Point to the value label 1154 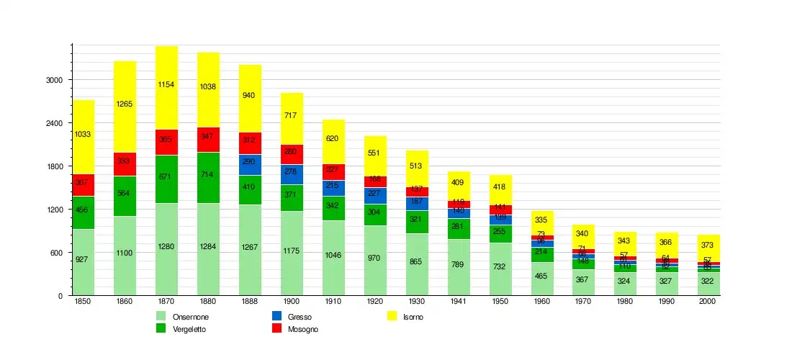click(x=166, y=85)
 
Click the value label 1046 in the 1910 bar click(x=333, y=256)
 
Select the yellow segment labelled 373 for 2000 click(x=708, y=245)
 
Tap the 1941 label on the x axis click(x=458, y=302)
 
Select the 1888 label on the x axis click(x=250, y=302)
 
